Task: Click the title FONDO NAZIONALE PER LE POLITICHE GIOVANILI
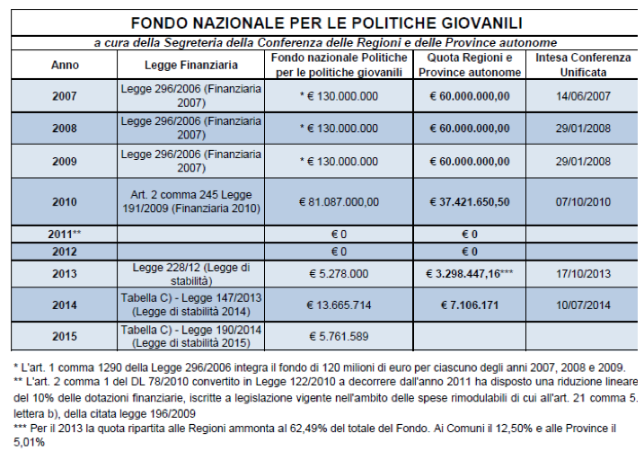click(x=326, y=22)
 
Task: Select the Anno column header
click(x=65, y=65)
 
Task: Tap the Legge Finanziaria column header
click(x=190, y=65)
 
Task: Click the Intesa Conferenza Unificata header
click(x=583, y=65)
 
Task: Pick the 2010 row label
click(x=65, y=202)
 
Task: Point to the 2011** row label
click(x=65, y=234)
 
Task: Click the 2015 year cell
click(x=65, y=336)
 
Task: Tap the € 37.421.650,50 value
click(x=468, y=202)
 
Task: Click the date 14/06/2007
click(x=583, y=96)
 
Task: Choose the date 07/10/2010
click(x=583, y=202)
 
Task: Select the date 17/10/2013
click(x=583, y=274)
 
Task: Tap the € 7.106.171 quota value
click(x=468, y=305)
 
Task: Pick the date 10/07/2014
click(x=583, y=305)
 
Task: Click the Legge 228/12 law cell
click(x=190, y=274)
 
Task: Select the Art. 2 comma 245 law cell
click(x=190, y=202)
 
